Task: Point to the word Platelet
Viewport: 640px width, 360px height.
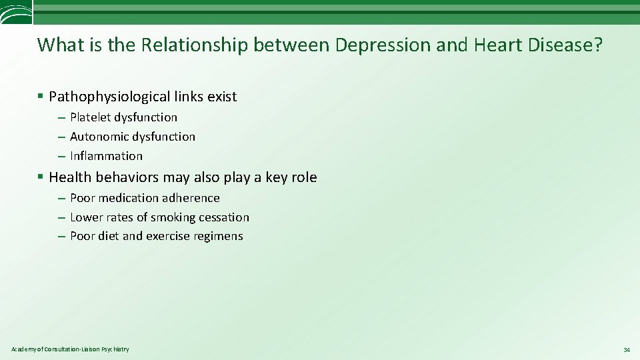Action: [90, 117]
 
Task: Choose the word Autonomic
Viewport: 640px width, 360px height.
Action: [99, 137]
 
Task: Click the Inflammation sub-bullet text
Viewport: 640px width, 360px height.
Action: [106, 156]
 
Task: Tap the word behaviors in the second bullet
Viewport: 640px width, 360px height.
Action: [128, 177]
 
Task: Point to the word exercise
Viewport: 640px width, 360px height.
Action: [168, 236]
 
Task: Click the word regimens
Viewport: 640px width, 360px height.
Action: [219, 236]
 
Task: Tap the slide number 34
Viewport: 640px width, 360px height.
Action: [627, 350]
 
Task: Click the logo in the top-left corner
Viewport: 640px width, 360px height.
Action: [16, 13]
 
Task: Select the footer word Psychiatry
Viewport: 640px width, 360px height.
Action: [115, 349]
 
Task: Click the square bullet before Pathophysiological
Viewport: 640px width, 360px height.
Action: [41, 97]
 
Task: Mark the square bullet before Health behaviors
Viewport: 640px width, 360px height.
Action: [41, 177]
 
